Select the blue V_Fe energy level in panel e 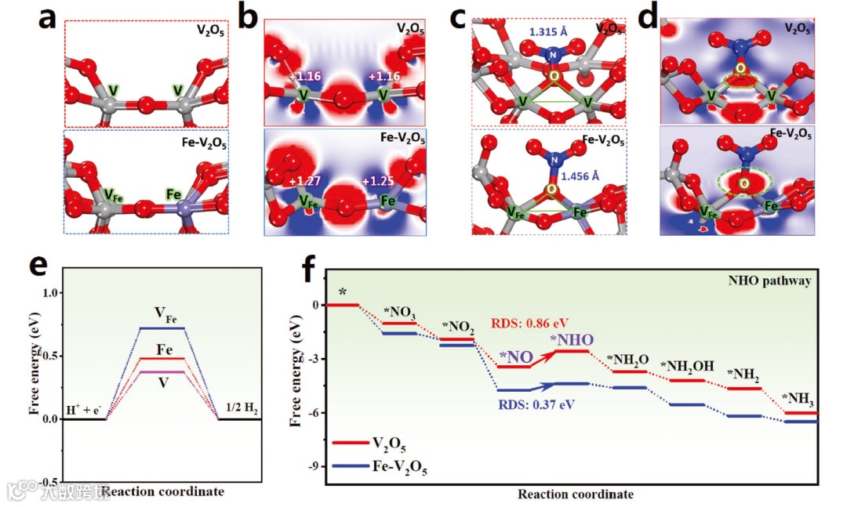click(162, 328)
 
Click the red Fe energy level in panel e click(162, 359)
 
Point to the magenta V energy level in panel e click(162, 371)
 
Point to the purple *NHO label click(571, 339)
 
